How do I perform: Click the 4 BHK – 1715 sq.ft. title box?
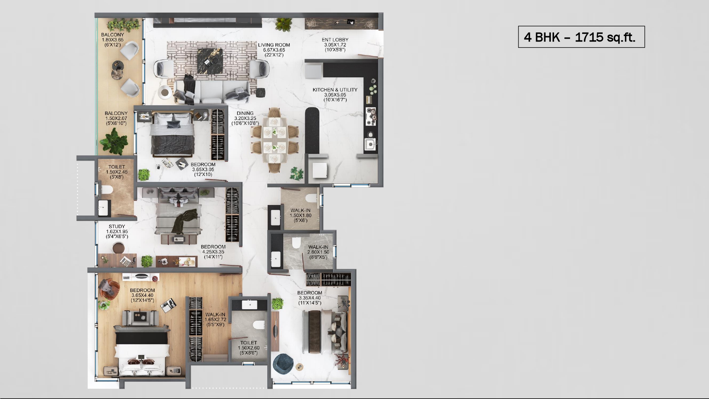581,37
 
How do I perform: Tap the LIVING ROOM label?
274,45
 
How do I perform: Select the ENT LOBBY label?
335,40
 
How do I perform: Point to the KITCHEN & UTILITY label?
335,90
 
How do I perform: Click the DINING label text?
245,113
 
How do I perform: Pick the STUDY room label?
117,226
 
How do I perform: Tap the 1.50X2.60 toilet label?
249,348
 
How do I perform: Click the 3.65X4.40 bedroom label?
143,295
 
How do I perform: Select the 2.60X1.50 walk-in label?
318,252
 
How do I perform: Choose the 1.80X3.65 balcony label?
113,40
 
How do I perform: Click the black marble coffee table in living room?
210,61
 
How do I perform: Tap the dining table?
275,139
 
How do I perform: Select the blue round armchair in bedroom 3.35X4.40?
283,364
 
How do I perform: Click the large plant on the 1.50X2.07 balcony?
114,141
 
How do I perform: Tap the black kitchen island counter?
312,131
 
